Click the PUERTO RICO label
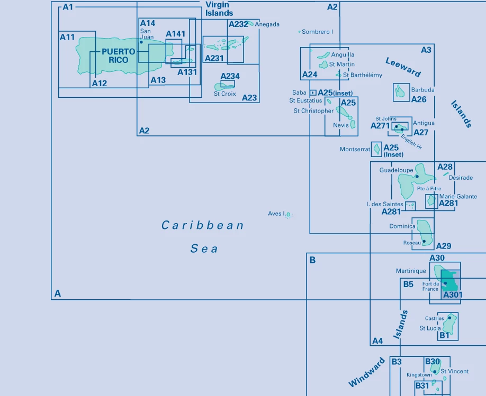coord(118,56)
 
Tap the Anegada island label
coord(267,24)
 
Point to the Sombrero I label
coord(317,32)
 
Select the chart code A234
coord(230,76)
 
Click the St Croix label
coord(224,94)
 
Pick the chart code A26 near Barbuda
coord(418,99)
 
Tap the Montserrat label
coord(355,150)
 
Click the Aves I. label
coord(276,214)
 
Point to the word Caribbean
coord(202,226)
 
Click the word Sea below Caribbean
coord(204,248)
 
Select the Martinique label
coord(411,271)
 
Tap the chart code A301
coord(452,294)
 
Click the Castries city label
coord(434,318)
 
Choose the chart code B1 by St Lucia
coord(444,335)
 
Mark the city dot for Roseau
coord(424,242)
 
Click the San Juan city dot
coord(141,42)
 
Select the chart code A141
coord(176,34)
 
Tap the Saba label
coord(299,93)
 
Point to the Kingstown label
coord(419,375)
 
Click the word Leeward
coord(403,67)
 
